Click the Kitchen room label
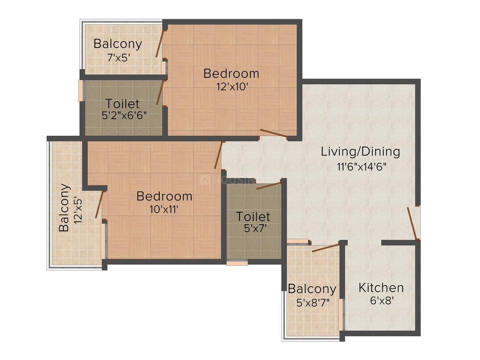click(381, 288)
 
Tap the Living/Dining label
click(360, 152)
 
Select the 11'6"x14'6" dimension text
click(362, 167)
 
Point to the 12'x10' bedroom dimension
click(232, 87)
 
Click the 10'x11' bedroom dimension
click(164, 209)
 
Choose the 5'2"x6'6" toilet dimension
click(124, 115)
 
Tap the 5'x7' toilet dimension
click(255, 228)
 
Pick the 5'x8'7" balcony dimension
click(313, 303)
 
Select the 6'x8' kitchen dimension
click(382, 300)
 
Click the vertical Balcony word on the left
click(64, 208)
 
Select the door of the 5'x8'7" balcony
click(325, 247)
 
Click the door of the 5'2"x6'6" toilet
click(161, 93)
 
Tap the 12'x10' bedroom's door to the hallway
click(274, 133)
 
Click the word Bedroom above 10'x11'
click(164, 196)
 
